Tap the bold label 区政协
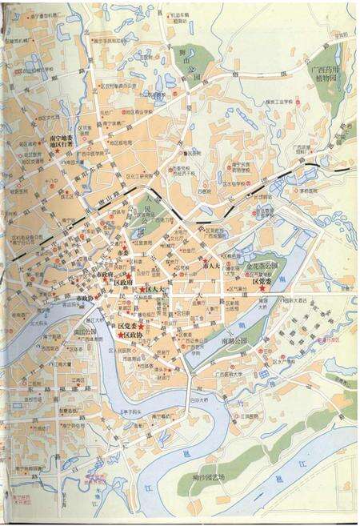pyautogui.click(x=134, y=335)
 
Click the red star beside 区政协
pyautogui.click(x=121, y=335)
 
